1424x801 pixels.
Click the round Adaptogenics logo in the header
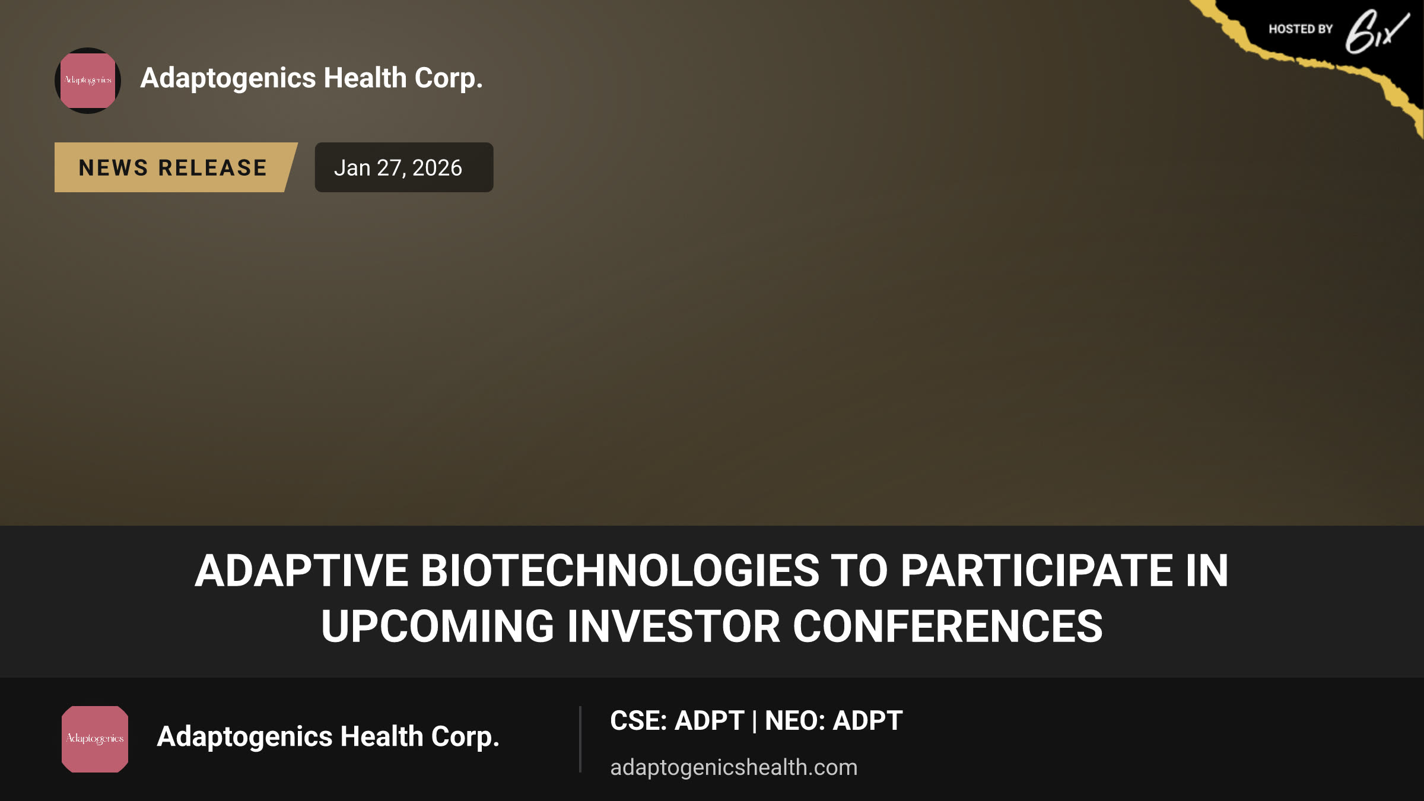88,81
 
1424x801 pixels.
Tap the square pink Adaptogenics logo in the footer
95,739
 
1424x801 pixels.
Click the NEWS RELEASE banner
176,167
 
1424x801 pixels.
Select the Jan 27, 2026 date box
404,167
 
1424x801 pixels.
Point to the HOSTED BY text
1301,29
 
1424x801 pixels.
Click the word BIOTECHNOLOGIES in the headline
620,571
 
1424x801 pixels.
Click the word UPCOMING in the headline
437,627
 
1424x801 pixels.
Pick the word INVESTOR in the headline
673,627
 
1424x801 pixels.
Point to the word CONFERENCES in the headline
948,627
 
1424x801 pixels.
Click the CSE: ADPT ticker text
677,721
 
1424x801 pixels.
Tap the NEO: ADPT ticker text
834,721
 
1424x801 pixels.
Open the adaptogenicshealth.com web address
734,767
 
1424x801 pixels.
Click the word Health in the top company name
365,78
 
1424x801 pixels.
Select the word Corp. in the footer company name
465,738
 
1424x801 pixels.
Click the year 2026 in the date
437,168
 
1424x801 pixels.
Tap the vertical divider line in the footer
580,739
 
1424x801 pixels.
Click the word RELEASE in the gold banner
213,168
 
